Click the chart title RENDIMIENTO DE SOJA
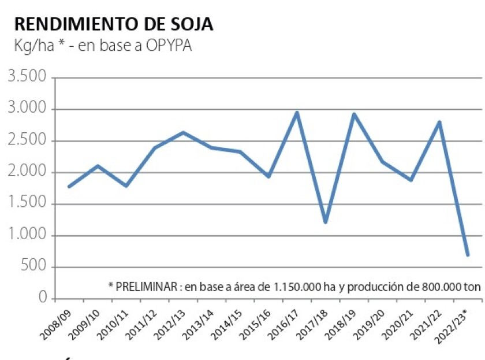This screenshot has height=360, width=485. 113,24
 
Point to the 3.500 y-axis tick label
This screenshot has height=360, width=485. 28,77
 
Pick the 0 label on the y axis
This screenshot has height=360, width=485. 43,298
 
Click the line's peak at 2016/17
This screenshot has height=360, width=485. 297,113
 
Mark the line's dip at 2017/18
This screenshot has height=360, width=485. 326,222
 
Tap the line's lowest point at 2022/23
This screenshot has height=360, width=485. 468,255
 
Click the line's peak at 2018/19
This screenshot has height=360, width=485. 354,114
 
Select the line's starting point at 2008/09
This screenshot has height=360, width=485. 69,187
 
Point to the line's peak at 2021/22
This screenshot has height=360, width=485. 439,122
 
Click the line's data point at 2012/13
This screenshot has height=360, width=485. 183,132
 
